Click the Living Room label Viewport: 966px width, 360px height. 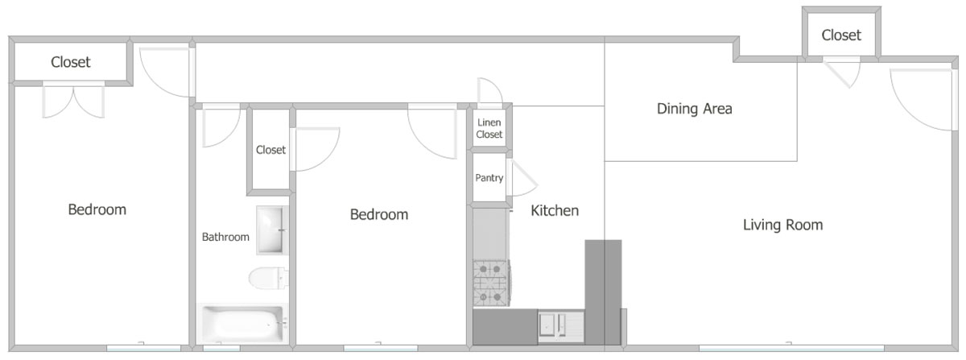tap(782, 225)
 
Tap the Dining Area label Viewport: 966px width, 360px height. tap(694, 109)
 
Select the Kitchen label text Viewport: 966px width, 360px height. tap(555, 211)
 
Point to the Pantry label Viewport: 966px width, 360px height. tap(489, 178)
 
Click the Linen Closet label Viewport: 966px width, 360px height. tap(489, 129)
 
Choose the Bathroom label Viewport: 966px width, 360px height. tap(225, 237)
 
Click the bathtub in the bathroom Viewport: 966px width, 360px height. tap(243, 323)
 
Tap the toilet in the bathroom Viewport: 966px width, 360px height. tap(268, 278)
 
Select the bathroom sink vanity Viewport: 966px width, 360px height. tap(272, 230)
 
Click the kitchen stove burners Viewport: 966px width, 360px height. tap(491, 283)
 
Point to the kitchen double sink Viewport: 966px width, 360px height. tap(560, 326)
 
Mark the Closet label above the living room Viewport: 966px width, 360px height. tap(841, 35)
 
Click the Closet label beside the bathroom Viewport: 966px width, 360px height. tap(270, 150)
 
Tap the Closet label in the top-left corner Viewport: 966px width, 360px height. tap(71, 62)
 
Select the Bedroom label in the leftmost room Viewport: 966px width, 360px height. tap(97, 209)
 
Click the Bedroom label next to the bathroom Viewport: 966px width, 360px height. tap(379, 214)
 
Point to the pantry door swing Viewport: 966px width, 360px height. tap(522, 178)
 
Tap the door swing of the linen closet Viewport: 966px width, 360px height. tap(490, 92)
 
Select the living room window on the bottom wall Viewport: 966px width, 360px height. tap(791, 347)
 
